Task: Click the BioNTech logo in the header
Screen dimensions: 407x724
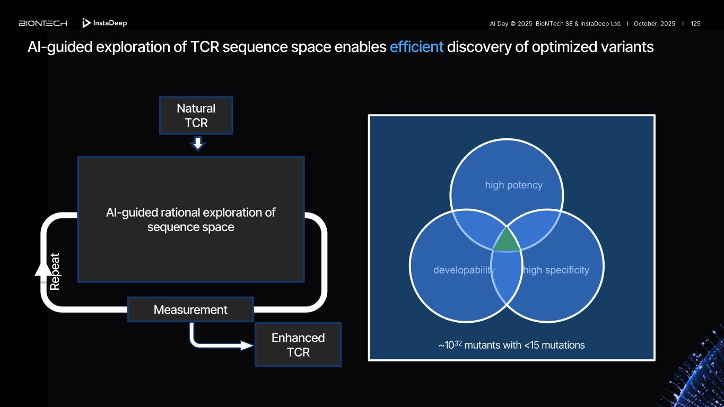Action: click(x=43, y=23)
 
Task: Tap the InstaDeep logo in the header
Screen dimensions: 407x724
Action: click(x=105, y=23)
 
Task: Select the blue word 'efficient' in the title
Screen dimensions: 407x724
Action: click(x=416, y=47)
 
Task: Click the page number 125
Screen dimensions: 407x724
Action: click(x=695, y=24)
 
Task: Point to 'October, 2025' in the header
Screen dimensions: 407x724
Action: click(x=655, y=24)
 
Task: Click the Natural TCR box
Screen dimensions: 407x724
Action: click(x=196, y=116)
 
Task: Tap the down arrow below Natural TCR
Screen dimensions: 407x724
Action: click(x=197, y=144)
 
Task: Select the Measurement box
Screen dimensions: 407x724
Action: click(x=190, y=309)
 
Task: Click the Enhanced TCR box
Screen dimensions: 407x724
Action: click(x=298, y=344)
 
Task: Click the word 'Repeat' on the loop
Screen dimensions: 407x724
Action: click(x=55, y=271)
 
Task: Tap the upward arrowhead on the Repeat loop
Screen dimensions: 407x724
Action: click(x=43, y=269)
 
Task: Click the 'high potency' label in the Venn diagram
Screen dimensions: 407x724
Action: click(x=513, y=185)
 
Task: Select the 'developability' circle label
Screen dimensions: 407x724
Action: click(x=464, y=270)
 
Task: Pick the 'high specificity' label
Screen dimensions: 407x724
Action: click(x=556, y=270)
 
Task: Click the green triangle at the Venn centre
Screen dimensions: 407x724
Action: click(x=506, y=241)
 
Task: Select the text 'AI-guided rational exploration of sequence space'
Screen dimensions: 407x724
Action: click(x=190, y=219)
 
